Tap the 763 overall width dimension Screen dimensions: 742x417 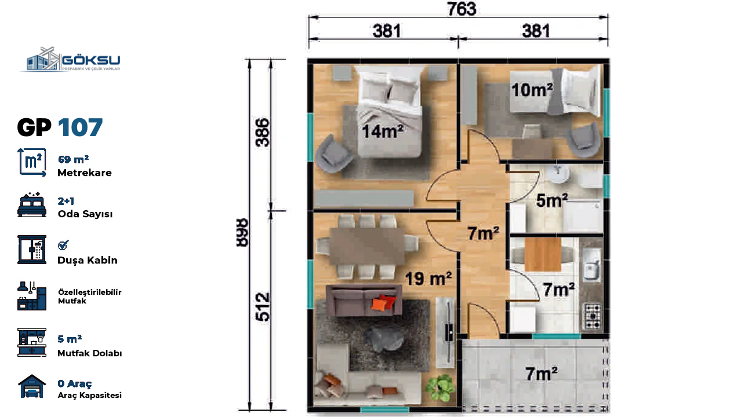tap(461, 9)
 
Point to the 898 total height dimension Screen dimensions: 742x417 tap(242, 232)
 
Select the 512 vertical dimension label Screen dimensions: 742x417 tap(263, 306)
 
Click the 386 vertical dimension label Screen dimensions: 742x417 tap(263, 133)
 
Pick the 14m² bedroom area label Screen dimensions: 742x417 tap(383, 131)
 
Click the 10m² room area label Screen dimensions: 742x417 tap(532, 90)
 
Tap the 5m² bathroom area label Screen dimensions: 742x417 tap(552, 200)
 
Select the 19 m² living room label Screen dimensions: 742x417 tap(428, 279)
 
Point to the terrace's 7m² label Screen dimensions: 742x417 tap(541, 374)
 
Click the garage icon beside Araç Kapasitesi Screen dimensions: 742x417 tap(32, 386)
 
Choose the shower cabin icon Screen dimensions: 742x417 tap(32, 250)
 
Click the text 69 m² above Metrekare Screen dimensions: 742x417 tap(73, 159)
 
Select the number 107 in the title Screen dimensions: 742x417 tap(80, 127)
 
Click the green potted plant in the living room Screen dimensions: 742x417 tap(440, 387)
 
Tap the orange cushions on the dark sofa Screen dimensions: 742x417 tap(383, 302)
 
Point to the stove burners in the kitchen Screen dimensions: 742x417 tap(592, 316)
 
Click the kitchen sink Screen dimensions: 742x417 tap(591, 265)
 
